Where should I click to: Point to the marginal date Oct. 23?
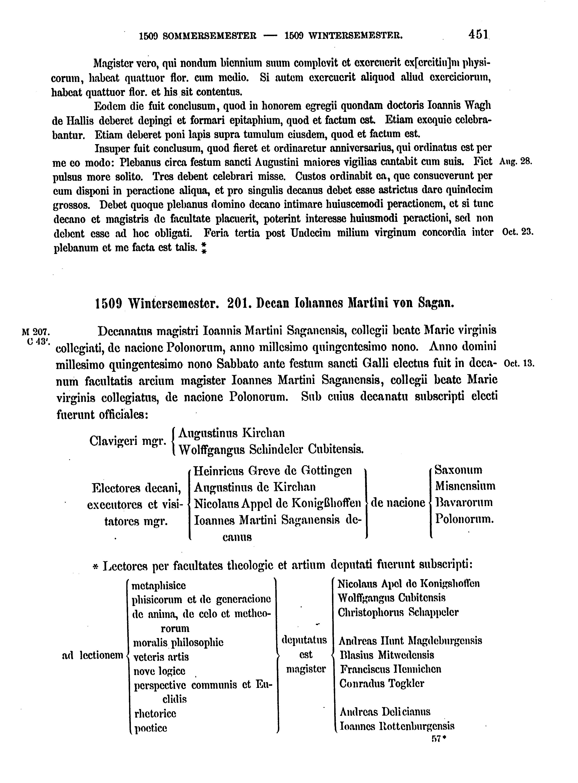[x=517, y=232]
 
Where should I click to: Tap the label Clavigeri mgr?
[x=127, y=441]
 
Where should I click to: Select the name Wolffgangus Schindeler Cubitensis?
[x=271, y=449]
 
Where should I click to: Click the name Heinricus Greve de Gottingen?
[x=273, y=471]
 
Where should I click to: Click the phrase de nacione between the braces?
[x=398, y=503]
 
